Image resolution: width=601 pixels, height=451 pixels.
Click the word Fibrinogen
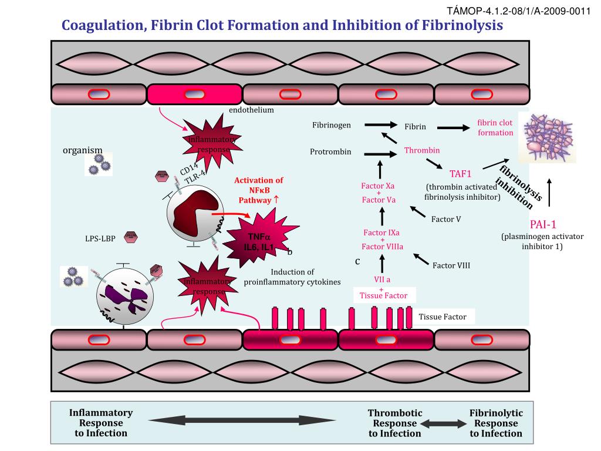click(332, 125)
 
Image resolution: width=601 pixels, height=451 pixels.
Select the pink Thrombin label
click(421, 151)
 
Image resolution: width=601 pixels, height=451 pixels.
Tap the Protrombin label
click(330, 152)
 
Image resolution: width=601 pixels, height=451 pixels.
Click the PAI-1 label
click(542, 224)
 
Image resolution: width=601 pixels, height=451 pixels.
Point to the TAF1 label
click(461, 173)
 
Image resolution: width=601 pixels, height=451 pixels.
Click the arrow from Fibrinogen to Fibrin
click(380, 124)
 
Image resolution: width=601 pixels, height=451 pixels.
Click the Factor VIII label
click(451, 265)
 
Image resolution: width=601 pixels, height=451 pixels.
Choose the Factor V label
click(446, 219)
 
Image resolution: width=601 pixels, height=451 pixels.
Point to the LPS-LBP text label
click(100, 238)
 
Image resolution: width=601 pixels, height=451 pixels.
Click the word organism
click(83, 150)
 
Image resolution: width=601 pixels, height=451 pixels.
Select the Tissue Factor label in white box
click(443, 317)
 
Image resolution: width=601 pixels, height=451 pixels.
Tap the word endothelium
click(251, 110)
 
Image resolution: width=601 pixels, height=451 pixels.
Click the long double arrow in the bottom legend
click(241, 420)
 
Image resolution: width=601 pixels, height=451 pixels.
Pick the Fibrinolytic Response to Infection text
click(496, 423)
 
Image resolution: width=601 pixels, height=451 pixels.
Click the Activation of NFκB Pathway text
click(258, 190)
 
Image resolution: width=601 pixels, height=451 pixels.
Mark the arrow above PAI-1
click(549, 193)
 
